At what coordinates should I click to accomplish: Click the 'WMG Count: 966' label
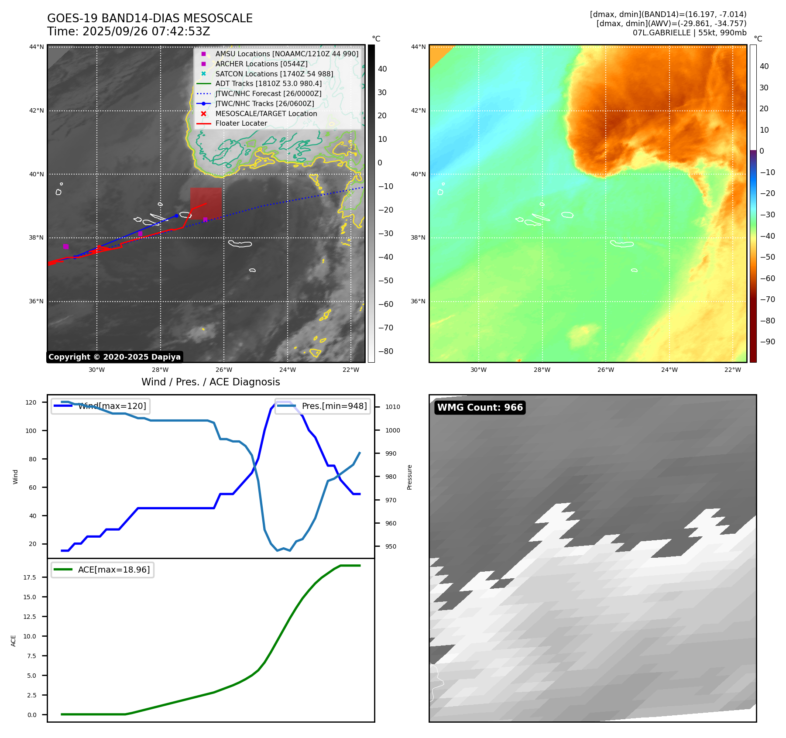coord(480,408)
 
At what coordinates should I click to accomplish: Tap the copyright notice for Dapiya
coord(114,357)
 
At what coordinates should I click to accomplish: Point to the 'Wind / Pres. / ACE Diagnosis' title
coord(210,382)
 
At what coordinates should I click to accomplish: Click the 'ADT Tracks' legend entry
coord(268,83)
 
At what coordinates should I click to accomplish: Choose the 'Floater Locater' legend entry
coord(241,123)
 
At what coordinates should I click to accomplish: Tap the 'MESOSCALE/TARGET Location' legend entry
coord(266,113)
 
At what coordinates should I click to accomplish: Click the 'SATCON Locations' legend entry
coord(274,74)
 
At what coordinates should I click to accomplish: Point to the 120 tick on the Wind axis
coord(31,402)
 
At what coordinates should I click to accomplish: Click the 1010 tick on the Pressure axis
coord(392,407)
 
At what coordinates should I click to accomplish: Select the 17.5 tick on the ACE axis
coord(30,577)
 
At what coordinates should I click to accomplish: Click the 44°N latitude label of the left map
coord(37,47)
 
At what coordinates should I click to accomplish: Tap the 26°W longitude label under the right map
coord(605,370)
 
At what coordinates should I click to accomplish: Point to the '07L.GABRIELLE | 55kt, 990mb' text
coord(690,33)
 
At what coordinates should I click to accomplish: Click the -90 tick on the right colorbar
coord(767,342)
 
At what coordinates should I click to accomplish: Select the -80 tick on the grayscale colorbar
coord(385,351)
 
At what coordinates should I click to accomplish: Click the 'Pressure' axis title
coord(409,477)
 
